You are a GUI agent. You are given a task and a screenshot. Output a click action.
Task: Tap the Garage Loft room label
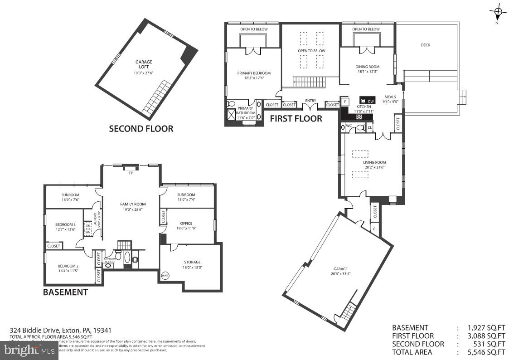(x=144, y=64)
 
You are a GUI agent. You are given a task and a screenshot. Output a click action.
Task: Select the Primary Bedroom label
(x=254, y=73)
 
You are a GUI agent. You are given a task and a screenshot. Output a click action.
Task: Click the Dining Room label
(x=367, y=67)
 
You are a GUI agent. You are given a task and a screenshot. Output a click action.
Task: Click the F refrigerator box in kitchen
(x=345, y=102)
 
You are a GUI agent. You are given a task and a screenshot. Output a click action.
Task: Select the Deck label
(x=425, y=45)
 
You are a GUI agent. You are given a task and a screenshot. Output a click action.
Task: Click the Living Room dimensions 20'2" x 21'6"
(x=374, y=167)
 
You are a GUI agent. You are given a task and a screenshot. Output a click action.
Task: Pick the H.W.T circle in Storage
(x=165, y=275)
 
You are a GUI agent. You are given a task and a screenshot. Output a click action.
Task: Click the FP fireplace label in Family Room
(x=131, y=173)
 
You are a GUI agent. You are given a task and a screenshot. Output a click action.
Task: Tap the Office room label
(x=186, y=224)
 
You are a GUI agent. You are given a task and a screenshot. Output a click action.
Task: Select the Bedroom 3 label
(x=66, y=224)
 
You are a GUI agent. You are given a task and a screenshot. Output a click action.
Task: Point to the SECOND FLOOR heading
(x=141, y=129)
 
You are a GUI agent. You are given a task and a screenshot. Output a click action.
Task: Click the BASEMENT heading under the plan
(x=65, y=292)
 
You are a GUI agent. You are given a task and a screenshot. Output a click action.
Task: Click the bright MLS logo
(x=29, y=350)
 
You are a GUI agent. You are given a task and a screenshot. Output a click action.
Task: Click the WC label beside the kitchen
(x=349, y=126)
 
